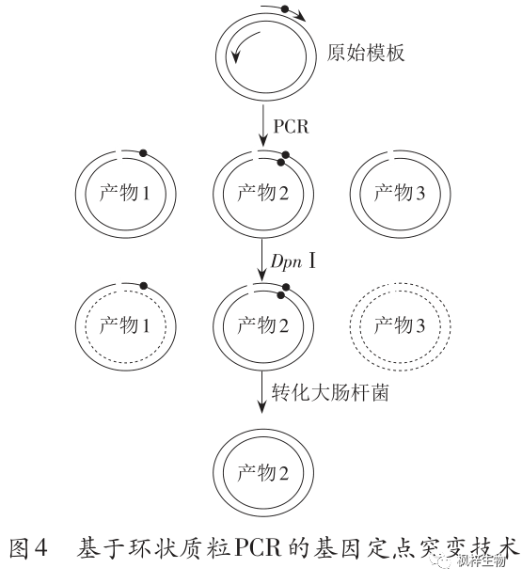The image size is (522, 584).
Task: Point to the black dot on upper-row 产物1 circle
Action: point(143,152)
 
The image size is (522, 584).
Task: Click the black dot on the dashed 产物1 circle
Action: point(143,286)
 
